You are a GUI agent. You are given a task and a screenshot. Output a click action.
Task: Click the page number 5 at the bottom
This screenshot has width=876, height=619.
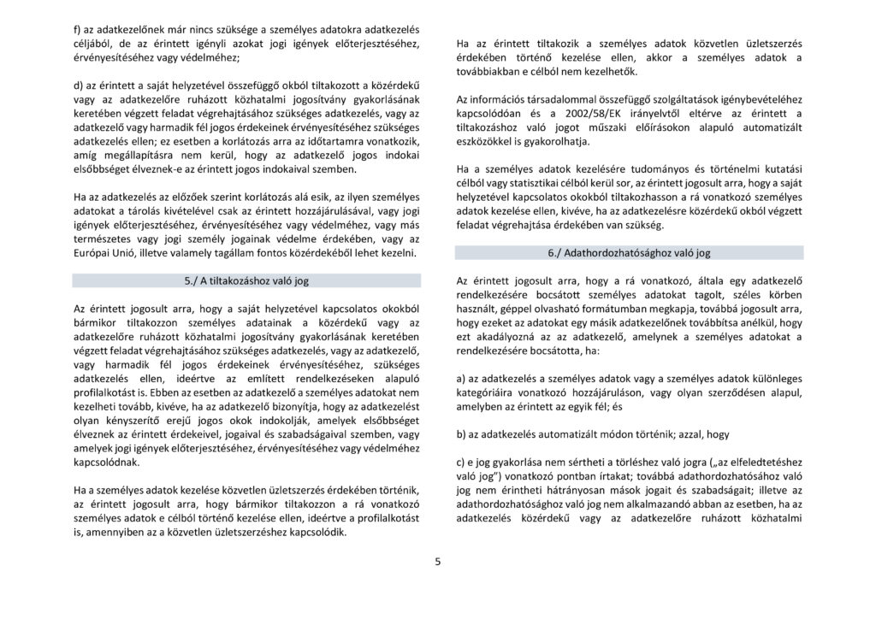click(x=437, y=562)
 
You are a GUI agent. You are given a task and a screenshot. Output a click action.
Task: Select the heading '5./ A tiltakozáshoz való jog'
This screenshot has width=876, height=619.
click(x=246, y=280)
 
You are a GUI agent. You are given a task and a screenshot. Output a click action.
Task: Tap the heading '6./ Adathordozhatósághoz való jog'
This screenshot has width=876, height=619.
click(x=629, y=253)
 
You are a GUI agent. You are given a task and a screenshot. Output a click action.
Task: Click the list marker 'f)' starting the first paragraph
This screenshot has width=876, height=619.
click(x=77, y=28)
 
